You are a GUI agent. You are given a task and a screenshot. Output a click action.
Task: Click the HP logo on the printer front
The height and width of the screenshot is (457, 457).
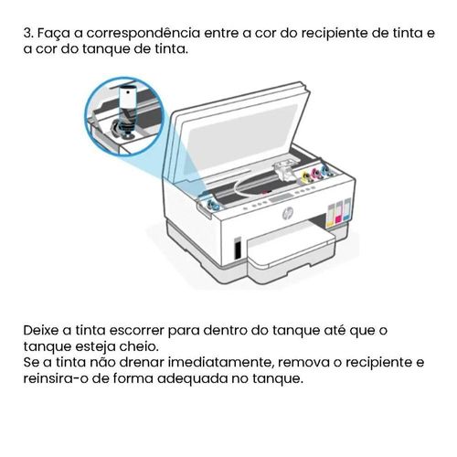pyautogui.click(x=287, y=213)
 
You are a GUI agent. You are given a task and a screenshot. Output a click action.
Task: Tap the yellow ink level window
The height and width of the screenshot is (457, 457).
pyautogui.click(x=331, y=216)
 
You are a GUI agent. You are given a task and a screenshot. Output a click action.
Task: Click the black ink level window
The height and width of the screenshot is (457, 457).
pyautogui.click(x=238, y=249)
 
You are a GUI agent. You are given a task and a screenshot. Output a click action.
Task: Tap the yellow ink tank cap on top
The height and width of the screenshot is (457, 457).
pyautogui.click(x=304, y=176)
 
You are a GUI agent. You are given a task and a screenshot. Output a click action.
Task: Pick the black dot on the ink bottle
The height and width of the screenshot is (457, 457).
pyautogui.click(x=127, y=90)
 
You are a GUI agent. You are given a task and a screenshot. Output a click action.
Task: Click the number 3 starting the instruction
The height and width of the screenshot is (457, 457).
pyautogui.click(x=27, y=33)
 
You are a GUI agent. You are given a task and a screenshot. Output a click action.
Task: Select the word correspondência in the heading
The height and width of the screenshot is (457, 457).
pyautogui.click(x=143, y=34)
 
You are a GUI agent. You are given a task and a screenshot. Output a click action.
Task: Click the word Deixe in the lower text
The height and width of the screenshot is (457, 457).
pyautogui.click(x=41, y=330)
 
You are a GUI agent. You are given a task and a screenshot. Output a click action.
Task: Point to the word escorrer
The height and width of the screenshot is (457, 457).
pyautogui.click(x=137, y=331)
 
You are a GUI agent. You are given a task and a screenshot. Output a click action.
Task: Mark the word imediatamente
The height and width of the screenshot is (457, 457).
pyautogui.click(x=219, y=362)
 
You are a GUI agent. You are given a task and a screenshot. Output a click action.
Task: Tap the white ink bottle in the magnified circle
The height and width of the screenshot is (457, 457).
pyautogui.click(x=127, y=107)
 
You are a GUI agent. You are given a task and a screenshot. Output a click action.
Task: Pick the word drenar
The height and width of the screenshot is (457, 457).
pyautogui.click(x=143, y=362)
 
